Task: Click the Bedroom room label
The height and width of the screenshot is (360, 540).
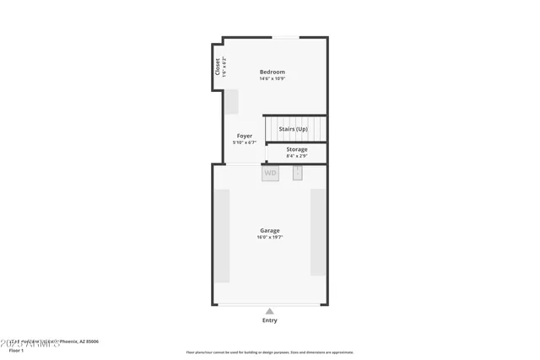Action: [272, 72]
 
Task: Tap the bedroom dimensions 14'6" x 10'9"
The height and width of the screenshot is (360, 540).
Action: [272, 79]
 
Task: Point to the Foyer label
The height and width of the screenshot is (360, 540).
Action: [244, 136]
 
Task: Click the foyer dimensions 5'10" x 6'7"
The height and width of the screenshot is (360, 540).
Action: [244, 142]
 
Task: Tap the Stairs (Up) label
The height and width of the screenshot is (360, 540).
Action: [293, 129]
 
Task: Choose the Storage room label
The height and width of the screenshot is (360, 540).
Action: [296, 149]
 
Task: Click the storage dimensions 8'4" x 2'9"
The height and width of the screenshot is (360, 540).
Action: [296, 156]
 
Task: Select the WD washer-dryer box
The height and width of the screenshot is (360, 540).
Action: [270, 174]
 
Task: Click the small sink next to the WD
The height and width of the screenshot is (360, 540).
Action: [298, 173]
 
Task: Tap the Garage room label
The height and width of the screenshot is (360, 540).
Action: [270, 230]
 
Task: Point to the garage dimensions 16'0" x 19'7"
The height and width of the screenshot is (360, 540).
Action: [270, 238]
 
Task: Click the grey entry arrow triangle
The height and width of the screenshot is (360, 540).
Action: [270, 311]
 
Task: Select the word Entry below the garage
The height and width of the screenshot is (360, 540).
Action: [270, 320]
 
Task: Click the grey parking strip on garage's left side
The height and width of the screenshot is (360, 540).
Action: [222, 236]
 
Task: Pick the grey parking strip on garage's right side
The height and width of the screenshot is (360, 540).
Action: [318, 233]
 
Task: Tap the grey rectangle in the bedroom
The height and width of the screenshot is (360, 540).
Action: [230, 101]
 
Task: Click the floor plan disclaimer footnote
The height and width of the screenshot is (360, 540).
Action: [270, 352]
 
